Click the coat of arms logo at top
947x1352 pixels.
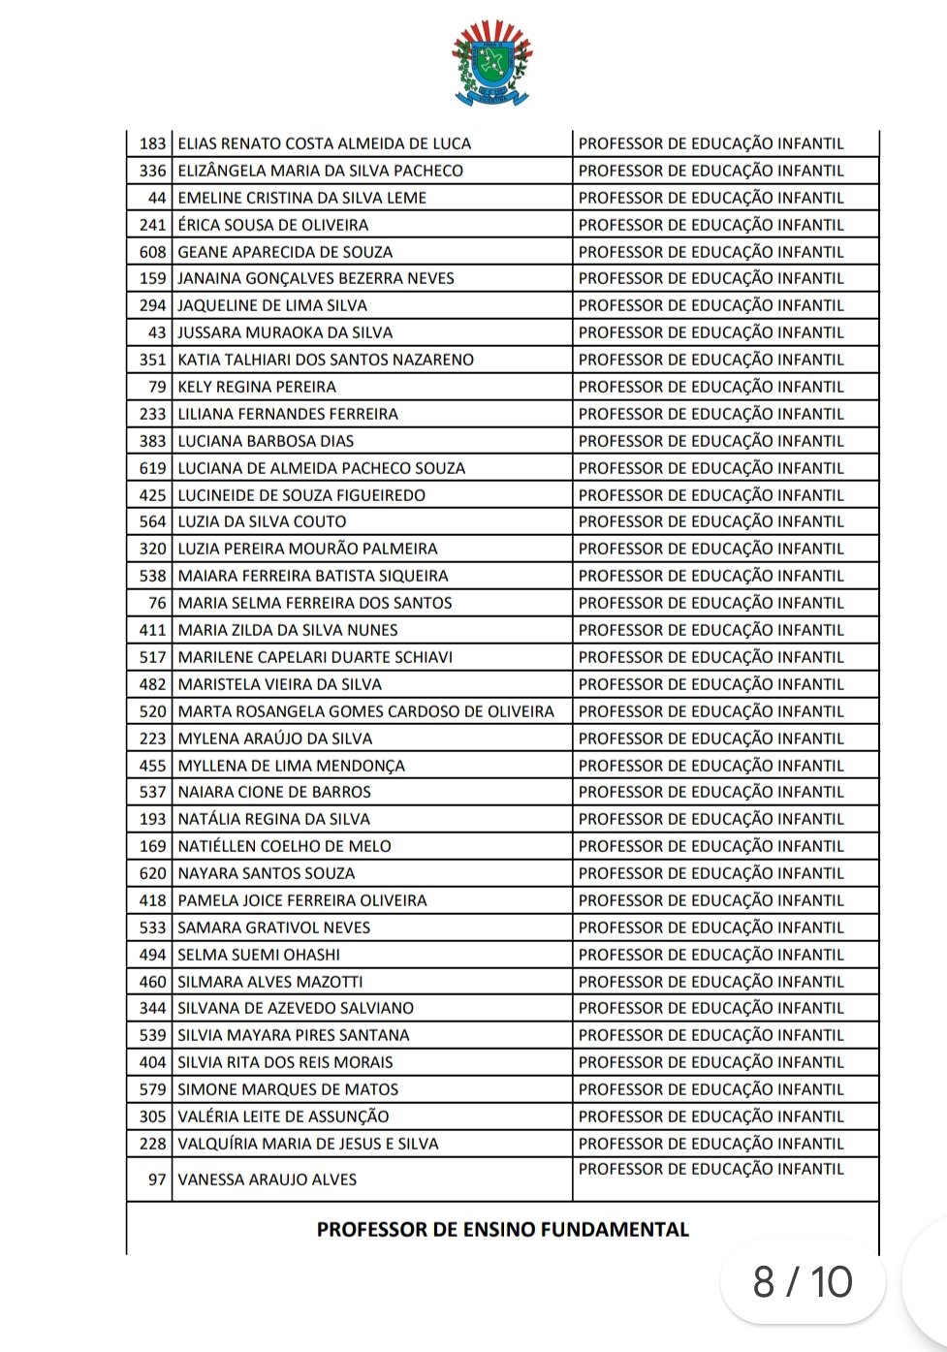point(492,65)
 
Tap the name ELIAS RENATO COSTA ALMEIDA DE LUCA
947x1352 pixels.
point(324,143)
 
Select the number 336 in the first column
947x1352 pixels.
point(152,171)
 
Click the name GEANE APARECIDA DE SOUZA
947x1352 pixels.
point(285,252)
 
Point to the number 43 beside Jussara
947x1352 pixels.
point(157,332)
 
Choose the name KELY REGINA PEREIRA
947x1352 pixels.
point(257,387)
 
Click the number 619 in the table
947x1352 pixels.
point(152,468)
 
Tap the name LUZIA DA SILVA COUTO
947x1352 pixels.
point(262,521)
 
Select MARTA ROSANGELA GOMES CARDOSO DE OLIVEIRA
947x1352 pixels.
point(365,711)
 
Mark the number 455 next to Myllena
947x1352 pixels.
point(152,766)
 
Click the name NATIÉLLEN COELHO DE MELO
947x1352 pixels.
point(284,846)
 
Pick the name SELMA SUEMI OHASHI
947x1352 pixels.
point(259,955)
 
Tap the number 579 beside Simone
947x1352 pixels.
point(152,1089)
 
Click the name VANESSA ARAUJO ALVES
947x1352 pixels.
point(267,1179)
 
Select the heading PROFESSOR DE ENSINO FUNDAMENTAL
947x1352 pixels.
point(502,1230)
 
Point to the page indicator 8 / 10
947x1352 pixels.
point(803,1282)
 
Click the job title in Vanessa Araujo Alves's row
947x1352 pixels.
point(710,1169)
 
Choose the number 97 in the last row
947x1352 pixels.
point(157,1179)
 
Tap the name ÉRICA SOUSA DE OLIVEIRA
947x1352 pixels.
point(272,225)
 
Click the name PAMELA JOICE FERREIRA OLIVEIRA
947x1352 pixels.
point(301,900)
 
